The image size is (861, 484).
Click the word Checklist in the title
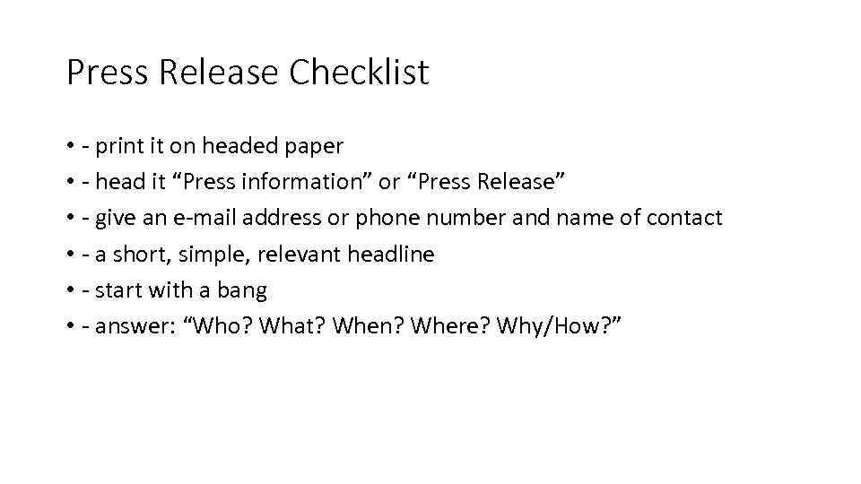[359, 73]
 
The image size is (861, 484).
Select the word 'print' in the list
[118, 145]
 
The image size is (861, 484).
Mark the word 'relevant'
[298, 255]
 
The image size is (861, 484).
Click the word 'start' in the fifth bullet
[117, 290]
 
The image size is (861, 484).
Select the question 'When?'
[367, 327]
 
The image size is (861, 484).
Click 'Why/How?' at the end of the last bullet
[560, 327]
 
